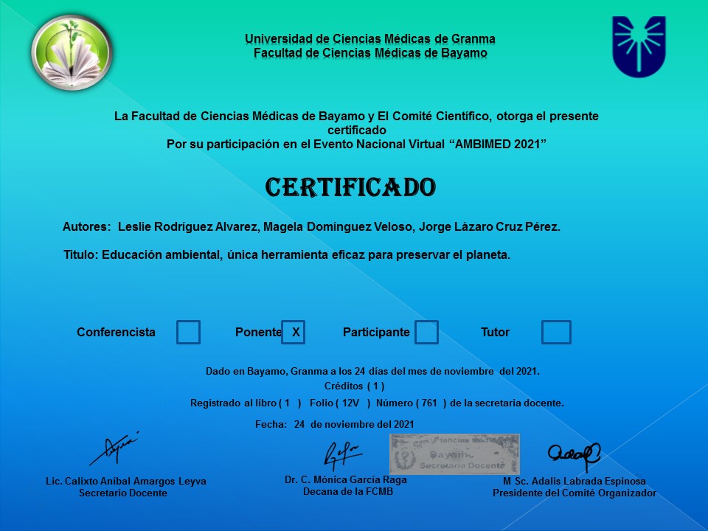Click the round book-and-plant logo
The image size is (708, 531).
coord(71,52)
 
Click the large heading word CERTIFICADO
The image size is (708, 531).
coord(350,187)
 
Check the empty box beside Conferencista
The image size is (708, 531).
coord(188,332)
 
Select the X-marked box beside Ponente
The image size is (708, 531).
coord(294,332)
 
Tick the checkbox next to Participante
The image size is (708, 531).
coord(426,332)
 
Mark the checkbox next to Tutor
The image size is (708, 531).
coord(556,332)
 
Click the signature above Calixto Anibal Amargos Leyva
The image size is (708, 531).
coord(114,448)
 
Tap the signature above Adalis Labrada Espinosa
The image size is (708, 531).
coord(573,457)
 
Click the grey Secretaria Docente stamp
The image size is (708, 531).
coord(454,454)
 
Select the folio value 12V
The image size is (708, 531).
coord(350,403)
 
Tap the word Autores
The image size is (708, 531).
coord(86,227)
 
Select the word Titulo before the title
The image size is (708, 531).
coord(80,255)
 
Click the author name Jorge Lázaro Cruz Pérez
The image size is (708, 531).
coord(489,227)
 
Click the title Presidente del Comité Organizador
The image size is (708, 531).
coord(574,493)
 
